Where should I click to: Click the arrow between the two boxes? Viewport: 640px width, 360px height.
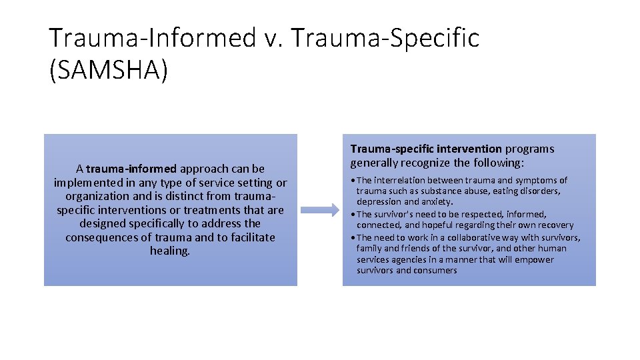tap(320, 210)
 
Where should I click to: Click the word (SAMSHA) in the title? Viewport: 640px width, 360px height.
tap(109, 70)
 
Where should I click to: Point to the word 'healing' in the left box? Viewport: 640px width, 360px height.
tap(169, 251)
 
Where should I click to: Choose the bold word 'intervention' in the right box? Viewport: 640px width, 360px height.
tap(469, 149)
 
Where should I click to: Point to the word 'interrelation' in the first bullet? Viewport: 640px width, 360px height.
tap(399, 180)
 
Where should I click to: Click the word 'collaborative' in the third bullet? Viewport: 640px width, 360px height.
tap(470, 237)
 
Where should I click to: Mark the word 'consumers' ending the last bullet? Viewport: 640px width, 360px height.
tap(435, 270)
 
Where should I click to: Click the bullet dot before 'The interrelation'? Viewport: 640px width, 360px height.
tap(353, 181)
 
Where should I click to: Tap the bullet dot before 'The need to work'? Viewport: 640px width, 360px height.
tap(353, 238)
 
